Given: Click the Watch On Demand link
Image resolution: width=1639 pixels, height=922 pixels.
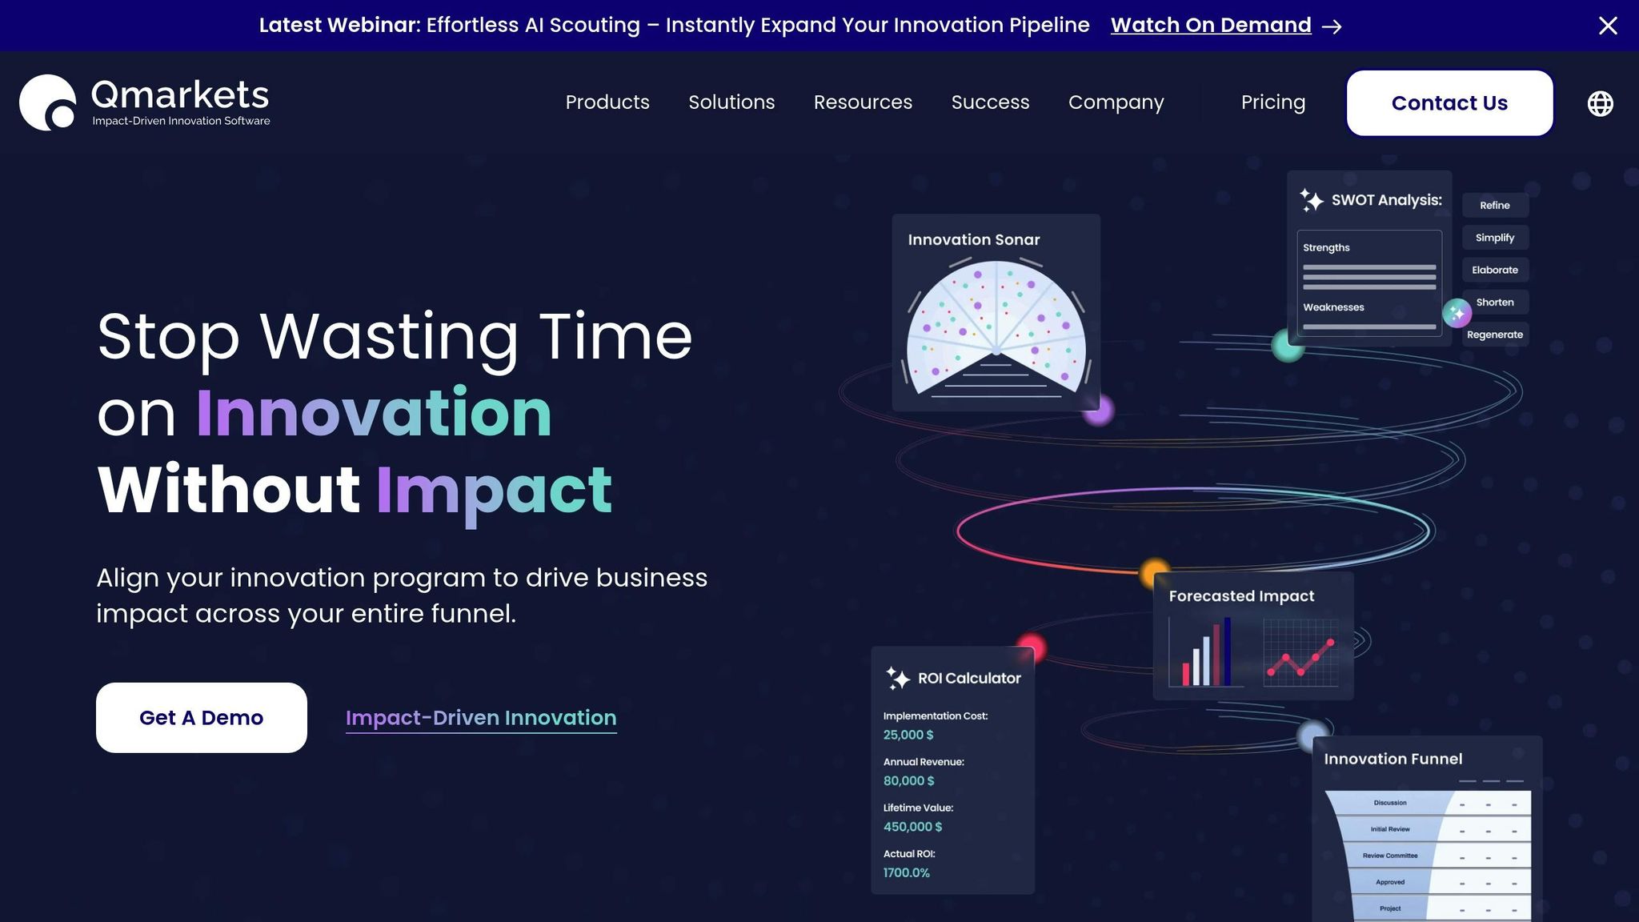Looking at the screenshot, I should pos(1211,26).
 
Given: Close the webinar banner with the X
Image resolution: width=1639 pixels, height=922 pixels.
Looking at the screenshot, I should pos(1608,26).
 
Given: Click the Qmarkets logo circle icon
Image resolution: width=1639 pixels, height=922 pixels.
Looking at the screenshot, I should pos(47,102).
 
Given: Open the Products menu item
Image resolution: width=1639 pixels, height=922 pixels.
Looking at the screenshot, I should pos(607,102).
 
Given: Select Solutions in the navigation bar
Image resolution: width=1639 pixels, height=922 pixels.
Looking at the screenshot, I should pos(731,102).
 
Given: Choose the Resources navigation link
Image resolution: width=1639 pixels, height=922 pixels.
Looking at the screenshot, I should pos(863,102).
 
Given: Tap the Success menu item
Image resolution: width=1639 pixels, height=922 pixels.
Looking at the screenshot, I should pos(990,102).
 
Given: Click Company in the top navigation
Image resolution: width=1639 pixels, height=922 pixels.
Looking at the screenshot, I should pos(1116,102).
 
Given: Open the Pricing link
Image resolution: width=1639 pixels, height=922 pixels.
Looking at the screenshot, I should pos(1272,102).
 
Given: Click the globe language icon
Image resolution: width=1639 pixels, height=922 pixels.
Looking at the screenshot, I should pos(1600,103).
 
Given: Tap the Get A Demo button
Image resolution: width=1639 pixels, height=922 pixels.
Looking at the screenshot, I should pos(202,718).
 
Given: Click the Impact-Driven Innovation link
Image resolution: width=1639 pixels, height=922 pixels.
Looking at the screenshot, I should pos(481,718).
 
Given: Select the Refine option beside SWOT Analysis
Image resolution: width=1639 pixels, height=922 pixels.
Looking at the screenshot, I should pos(1495,206).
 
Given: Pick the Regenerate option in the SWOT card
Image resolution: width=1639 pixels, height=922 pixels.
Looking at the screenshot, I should pos(1495,335).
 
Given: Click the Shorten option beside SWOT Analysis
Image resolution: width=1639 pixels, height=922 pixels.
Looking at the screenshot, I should pos(1495,303).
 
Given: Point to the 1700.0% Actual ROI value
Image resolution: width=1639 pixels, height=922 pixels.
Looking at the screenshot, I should pos(907,873).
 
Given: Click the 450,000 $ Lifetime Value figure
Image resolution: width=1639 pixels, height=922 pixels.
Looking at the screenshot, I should pos(912,827).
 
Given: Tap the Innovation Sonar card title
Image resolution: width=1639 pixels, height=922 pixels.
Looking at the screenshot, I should pos(974,240).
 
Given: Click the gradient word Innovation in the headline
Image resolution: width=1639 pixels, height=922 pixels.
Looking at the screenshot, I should pos(374,413).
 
